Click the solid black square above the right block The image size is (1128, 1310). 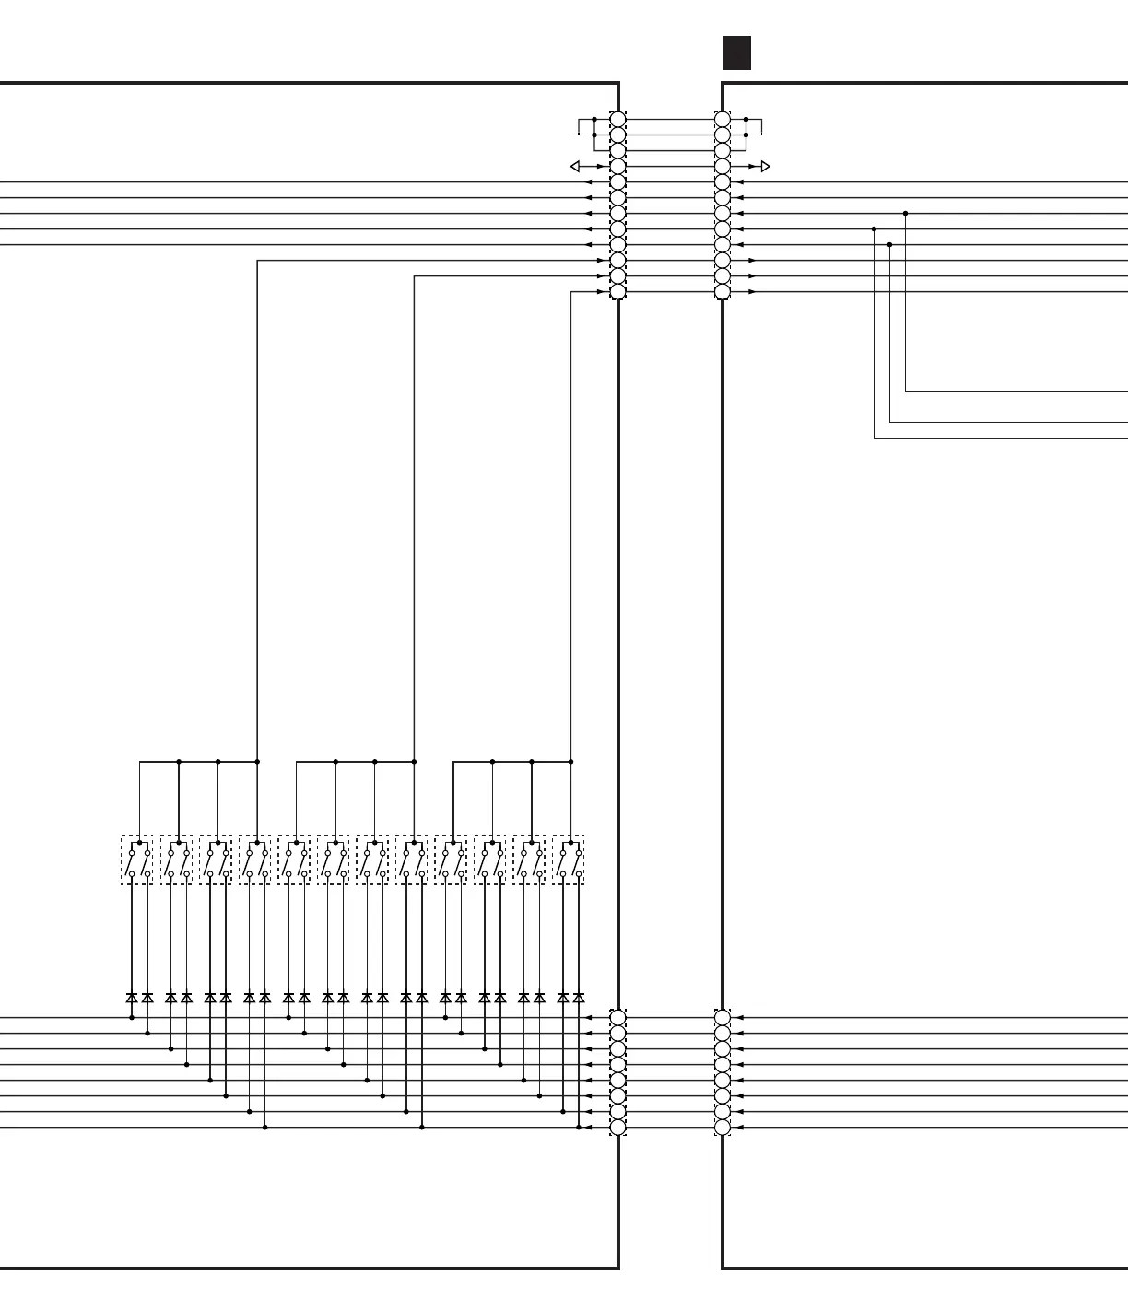pos(736,53)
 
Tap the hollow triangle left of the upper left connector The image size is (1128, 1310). pos(575,167)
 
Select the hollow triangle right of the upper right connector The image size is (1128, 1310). pos(765,167)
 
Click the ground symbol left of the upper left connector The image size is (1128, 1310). pos(578,128)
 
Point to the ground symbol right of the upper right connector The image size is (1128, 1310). pos(761,128)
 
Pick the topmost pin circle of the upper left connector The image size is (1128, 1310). pos(618,120)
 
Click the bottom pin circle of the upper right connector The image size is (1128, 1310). pos(723,292)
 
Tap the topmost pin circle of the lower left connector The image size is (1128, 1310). pos(618,1018)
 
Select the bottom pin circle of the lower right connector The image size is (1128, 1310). pos(723,1128)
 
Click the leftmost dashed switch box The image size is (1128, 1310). pos(137,860)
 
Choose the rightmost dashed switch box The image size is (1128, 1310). pos(569,860)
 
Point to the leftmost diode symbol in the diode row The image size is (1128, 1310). pos(132,998)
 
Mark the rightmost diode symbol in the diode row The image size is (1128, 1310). pos(579,998)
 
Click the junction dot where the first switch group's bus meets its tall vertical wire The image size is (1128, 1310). pos(257,762)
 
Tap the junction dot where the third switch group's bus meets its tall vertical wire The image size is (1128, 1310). pos(571,762)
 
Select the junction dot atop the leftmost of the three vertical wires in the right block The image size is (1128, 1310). pos(874,229)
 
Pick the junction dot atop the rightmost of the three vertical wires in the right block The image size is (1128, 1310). pos(905,214)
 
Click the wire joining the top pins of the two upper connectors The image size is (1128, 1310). pos(670,120)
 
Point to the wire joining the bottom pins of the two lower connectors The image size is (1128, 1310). pos(670,1128)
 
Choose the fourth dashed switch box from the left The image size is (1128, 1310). pos(255,860)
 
